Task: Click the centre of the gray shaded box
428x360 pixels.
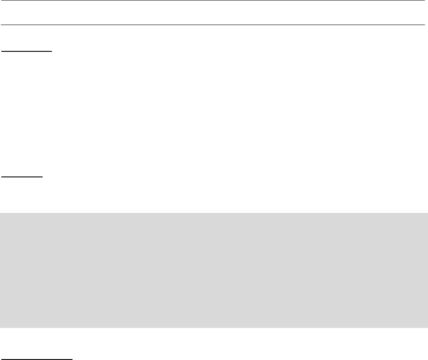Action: (214, 270)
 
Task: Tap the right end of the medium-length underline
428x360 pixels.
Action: (52, 51)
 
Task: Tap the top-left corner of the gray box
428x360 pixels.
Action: (0, 213)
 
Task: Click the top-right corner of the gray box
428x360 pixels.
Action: (428, 213)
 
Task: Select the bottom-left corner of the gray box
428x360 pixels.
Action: (0, 328)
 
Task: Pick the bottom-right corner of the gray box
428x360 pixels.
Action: (428, 328)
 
